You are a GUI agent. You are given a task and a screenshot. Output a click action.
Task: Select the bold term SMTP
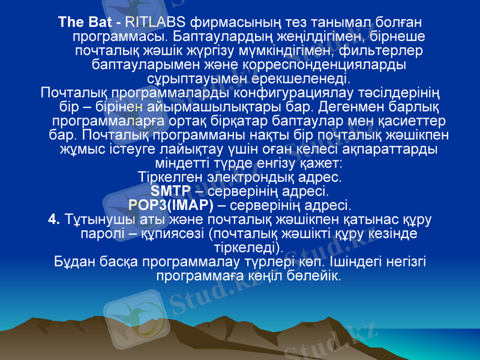coord(170,191)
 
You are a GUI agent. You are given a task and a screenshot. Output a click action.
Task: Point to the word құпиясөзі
coord(170,233)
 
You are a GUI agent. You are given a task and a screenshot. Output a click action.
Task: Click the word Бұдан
coord(71,262)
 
